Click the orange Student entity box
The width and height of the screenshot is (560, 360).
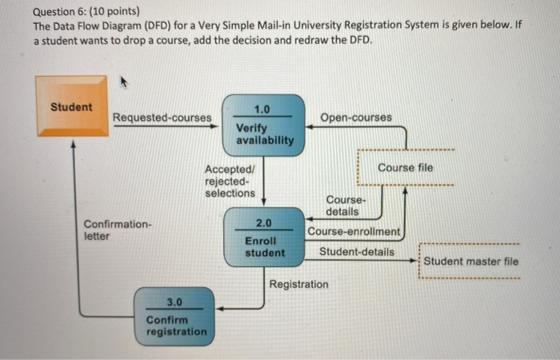pos(70,106)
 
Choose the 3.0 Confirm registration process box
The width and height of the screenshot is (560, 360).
pos(175,316)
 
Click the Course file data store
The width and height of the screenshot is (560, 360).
pos(405,168)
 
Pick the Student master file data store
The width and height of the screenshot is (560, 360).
pos(470,262)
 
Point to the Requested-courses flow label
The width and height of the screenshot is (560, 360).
pos(162,118)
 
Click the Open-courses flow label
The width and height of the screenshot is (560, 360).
pos(356,118)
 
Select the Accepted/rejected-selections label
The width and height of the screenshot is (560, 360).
pos(230,181)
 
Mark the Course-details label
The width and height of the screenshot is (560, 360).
pos(346,205)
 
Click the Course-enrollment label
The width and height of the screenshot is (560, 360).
pos(354,232)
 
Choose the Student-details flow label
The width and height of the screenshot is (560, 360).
pos(356,252)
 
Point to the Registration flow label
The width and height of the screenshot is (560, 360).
pos(298,284)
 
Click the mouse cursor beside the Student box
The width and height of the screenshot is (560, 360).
pos(124,82)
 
